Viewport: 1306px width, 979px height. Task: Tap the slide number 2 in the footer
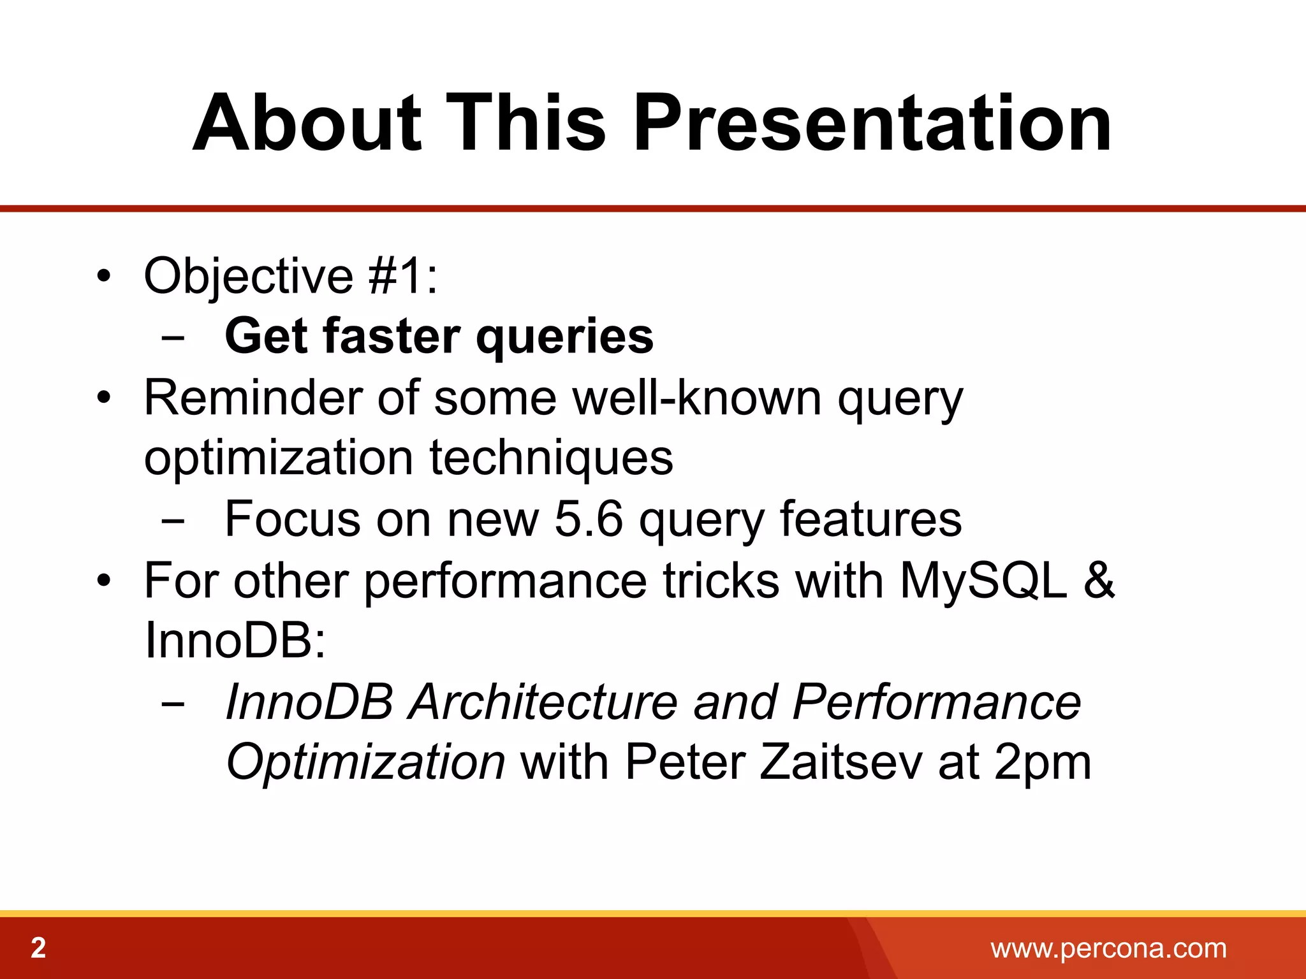click(x=38, y=948)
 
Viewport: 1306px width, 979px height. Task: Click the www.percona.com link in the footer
click(x=1108, y=948)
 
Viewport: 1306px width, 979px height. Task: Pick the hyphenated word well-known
click(x=697, y=397)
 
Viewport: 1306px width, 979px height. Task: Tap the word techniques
click(x=551, y=458)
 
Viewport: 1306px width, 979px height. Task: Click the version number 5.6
click(x=588, y=519)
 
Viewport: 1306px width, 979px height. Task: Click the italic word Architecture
click(x=543, y=702)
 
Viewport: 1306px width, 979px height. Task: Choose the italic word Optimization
click(x=366, y=762)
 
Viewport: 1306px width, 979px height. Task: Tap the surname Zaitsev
click(x=841, y=762)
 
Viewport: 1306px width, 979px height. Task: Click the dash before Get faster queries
click(x=173, y=338)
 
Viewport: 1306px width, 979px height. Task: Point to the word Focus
click(x=293, y=519)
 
